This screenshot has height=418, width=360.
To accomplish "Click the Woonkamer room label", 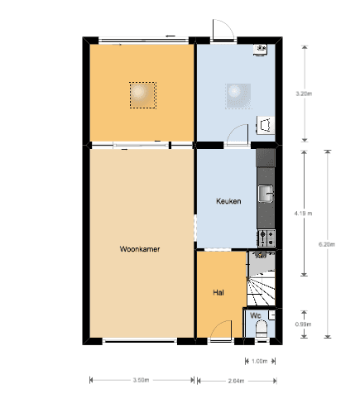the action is point(140,249).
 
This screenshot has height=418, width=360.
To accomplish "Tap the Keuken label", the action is point(228,201).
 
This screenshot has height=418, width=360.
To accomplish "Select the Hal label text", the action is point(218,292).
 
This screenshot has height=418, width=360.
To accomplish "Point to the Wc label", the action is point(256,315).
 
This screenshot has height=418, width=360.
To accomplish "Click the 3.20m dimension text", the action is point(304,94).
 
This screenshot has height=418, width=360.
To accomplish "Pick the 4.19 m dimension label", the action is point(303,214).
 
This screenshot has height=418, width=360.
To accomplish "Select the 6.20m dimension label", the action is point(327,244).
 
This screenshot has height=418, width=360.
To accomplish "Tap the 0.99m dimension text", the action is point(303,324).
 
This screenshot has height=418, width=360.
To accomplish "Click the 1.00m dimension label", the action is point(260,361).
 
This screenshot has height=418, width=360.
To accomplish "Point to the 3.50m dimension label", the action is point(141,380).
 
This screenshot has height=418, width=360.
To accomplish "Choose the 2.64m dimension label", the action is point(236,381).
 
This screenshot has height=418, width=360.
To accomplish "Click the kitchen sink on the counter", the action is point(266,194).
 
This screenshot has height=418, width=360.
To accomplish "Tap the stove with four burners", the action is point(266,238).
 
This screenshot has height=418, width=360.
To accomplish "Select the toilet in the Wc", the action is point(262,329).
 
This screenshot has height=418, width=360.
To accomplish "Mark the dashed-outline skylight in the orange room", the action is point(143,95).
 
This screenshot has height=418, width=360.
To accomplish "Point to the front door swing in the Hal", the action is point(221,330).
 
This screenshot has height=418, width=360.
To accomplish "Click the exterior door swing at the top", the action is point(223,30).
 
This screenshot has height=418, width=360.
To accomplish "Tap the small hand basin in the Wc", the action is point(271,315).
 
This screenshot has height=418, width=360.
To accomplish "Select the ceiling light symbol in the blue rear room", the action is point(238,96).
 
